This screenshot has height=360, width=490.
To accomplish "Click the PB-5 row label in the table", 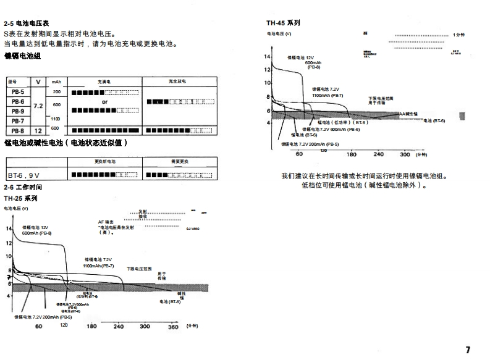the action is click(18, 92).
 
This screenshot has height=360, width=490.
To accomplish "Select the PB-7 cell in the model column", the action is click(18, 121).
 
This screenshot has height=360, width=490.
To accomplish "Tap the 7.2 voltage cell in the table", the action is click(38, 106).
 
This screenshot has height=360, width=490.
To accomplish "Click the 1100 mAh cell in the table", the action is click(56, 118).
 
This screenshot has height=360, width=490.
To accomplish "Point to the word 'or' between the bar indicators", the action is click(104, 101).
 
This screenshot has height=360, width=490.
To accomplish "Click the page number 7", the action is click(468, 350).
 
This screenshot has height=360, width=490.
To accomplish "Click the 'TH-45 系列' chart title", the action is click(284, 23).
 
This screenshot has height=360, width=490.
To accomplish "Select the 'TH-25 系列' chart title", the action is click(21, 198).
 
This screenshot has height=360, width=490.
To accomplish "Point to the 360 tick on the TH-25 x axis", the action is click(173, 326).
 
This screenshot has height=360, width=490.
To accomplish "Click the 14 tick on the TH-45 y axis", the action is click(268, 57).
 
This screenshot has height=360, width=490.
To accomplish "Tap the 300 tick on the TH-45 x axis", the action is click(405, 154).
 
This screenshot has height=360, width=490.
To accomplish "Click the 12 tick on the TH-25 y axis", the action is click(9, 243).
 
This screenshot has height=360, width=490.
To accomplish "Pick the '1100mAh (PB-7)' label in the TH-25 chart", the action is click(99, 265).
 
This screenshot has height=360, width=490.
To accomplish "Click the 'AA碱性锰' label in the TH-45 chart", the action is click(408, 114).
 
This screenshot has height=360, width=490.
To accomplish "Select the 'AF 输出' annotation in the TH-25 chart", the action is click(106, 222).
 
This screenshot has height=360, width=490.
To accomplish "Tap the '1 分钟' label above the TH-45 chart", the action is click(458, 35).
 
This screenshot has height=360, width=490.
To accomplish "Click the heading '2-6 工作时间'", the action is click(22, 187).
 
